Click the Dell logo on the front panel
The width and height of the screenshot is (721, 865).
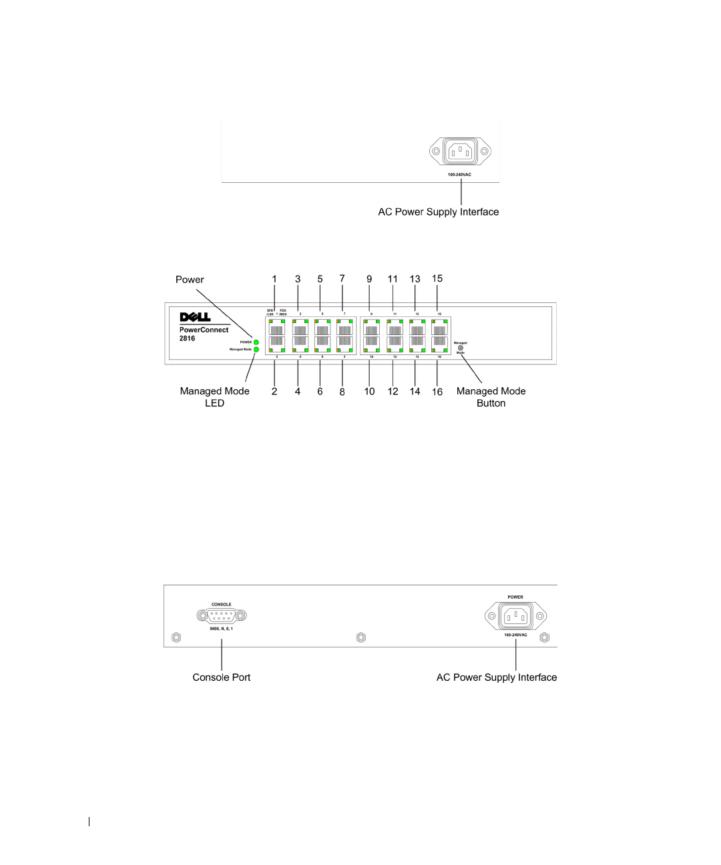[195, 317]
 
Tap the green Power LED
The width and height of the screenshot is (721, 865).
[256, 342]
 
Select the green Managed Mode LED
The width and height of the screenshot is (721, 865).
[256, 349]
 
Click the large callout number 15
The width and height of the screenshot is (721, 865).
[437, 278]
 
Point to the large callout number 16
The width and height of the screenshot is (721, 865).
[437, 392]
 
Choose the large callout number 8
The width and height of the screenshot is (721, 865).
[342, 392]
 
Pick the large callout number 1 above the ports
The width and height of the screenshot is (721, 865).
[274, 279]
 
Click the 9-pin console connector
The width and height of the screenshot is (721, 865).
[222, 616]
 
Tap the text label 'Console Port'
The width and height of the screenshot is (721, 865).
[222, 677]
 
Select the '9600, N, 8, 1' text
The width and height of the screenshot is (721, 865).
[222, 629]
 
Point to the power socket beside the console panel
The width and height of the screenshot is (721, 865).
[515, 616]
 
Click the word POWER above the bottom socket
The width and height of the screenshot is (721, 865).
[515, 597]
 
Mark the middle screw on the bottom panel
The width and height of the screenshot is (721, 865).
[361, 637]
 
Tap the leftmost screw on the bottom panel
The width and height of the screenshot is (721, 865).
[176, 637]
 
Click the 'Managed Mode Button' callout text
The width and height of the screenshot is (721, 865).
[491, 397]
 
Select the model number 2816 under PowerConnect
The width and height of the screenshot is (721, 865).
[187, 338]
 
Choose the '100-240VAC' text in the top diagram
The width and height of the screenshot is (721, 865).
[460, 174]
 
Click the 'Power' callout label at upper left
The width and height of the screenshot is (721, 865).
[190, 280]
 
